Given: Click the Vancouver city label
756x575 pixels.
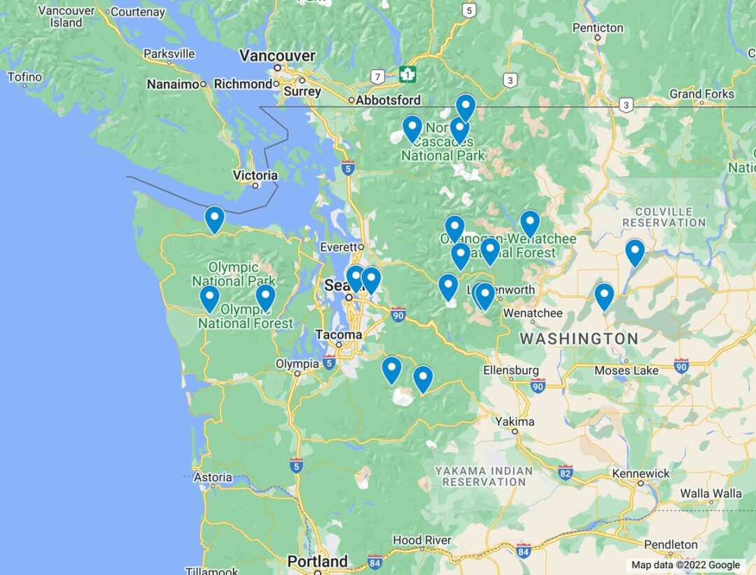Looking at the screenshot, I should pyautogui.click(x=277, y=55).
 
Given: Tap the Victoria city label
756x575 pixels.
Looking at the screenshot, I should pyautogui.click(x=255, y=175).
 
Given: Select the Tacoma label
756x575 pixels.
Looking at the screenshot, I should pyautogui.click(x=339, y=334).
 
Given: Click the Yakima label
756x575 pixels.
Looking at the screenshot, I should pyautogui.click(x=514, y=422).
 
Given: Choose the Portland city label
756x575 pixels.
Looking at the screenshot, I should pyautogui.click(x=318, y=561).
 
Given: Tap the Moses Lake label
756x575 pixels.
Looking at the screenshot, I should pyautogui.click(x=626, y=370).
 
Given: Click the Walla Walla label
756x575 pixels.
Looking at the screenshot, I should pyautogui.click(x=710, y=493).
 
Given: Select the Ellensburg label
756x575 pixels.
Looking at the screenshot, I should pyautogui.click(x=511, y=370).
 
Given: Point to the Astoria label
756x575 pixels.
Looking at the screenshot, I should pyautogui.click(x=212, y=477).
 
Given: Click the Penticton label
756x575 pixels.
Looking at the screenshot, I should pyautogui.click(x=597, y=28).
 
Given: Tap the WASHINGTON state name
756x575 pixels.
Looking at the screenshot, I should pyautogui.click(x=578, y=339).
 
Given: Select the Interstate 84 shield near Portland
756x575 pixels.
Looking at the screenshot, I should pyautogui.click(x=374, y=562).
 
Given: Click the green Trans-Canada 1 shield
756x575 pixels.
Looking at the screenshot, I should pyautogui.click(x=407, y=74).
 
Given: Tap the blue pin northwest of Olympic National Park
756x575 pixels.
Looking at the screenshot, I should pyautogui.click(x=214, y=219).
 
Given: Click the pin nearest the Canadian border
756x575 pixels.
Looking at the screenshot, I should pyautogui.click(x=465, y=106).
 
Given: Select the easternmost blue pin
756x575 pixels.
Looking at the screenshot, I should pyautogui.click(x=634, y=251).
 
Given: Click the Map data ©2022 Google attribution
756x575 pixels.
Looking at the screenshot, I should pyautogui.click(x=685, y=565).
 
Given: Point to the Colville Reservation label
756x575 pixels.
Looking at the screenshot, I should pyautogui.click(x=664, y=216).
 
